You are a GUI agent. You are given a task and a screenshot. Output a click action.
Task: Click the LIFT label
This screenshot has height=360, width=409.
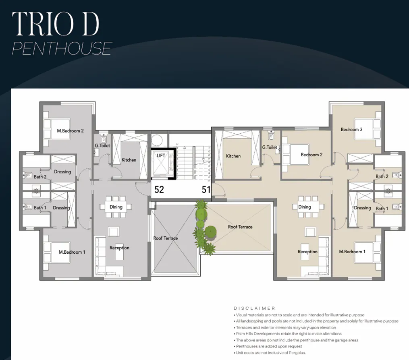[161, 155]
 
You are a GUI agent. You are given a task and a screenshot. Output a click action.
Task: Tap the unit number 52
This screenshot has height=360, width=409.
[159, 190]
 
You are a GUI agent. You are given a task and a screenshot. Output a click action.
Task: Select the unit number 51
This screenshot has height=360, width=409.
[206, 190]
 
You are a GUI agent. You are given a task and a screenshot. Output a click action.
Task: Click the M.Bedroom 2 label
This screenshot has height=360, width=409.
[71, 131]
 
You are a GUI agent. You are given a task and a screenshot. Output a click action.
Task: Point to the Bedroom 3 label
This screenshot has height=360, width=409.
[351, 130]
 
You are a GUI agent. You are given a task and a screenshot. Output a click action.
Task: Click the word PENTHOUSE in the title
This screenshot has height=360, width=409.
[62, 48]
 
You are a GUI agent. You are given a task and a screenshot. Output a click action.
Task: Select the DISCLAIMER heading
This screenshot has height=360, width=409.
[254, 308]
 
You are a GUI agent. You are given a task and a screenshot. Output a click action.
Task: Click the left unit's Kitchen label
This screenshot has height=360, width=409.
[129, 160]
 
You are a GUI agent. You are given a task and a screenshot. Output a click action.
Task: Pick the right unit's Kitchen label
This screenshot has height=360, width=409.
[233, 156]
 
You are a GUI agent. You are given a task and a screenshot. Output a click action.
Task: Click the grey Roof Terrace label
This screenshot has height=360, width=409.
[165, 238]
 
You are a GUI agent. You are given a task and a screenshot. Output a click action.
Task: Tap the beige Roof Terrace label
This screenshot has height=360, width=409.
[240, 227]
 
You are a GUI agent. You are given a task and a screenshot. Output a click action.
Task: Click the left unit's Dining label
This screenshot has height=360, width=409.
[116, 207]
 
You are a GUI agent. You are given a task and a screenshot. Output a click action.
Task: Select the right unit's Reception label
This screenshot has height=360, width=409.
[307, 252]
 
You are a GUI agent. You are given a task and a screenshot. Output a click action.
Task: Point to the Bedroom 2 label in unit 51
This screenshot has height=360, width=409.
[311, 155]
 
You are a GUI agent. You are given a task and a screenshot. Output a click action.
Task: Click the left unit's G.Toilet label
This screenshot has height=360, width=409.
[102, 145]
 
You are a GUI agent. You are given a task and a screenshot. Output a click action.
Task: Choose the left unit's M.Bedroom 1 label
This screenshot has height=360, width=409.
[72, 252]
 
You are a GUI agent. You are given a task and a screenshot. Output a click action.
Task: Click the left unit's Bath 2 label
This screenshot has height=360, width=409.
[40, 177]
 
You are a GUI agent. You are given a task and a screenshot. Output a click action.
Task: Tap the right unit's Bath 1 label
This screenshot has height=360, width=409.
[382, 209]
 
